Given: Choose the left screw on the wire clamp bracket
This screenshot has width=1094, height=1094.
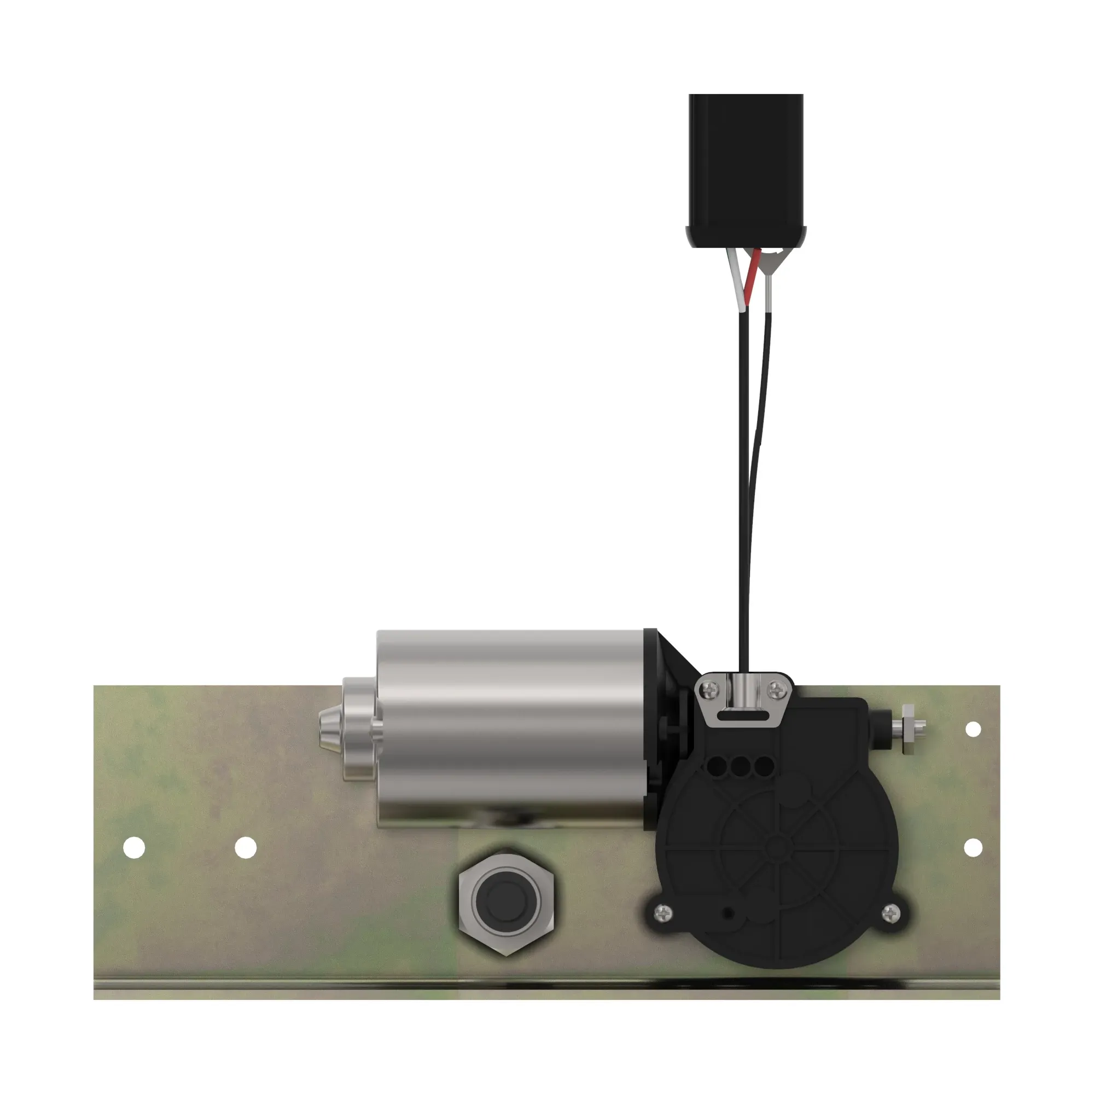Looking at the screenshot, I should point(712,689).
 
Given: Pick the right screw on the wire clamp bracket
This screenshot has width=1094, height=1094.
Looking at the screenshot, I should point(778,689).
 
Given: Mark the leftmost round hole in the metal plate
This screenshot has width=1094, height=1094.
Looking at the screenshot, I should point(134,848).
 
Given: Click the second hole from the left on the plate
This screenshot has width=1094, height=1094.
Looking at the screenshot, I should point(246,848).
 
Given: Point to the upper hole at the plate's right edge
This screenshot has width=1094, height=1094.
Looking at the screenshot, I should point(973,729).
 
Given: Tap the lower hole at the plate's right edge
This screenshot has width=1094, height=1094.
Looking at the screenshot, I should point(973,848).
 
